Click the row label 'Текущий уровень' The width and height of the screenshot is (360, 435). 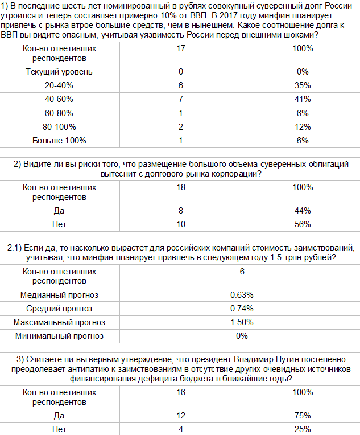[x=59, y=72]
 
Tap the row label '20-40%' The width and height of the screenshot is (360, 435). [x=59, y=85]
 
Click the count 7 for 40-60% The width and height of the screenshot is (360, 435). [x=181, y=99]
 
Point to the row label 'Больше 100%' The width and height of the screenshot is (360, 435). [x=59, y=140]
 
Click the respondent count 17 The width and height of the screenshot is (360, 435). [x=181, y=48]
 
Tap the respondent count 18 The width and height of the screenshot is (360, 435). [x=181, y=187]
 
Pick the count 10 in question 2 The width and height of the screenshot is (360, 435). [x=181, y=224]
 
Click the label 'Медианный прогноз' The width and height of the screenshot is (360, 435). [x=59, y=295]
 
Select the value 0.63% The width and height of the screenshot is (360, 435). [x=242, y=295]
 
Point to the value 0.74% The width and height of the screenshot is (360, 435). [x=242, y=309]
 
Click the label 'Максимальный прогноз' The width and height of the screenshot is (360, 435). [x=59, y=322]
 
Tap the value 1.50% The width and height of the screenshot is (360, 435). [x=242, y=322]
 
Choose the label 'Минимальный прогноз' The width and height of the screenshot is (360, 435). [x=59, y=336]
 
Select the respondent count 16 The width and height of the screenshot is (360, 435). [x=181, y=392]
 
